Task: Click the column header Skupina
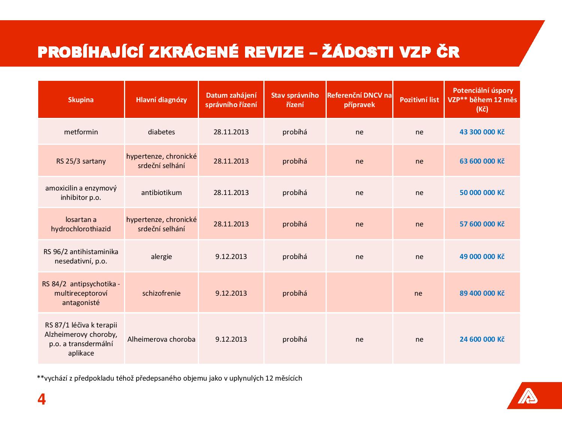pos(81,100)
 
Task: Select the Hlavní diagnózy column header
pos(161,100)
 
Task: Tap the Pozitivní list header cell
pos(419,100)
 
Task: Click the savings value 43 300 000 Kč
pos(482,132)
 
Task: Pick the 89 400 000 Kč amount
pos(482,293)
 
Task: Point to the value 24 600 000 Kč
pos(482,339)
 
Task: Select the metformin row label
pos(81,132)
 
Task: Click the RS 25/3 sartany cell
pos(81,161)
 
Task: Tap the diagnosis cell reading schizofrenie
pos(161,293)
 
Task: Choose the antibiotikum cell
pos(161,193)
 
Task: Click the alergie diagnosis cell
pos(161,257)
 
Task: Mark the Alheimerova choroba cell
pos(161,339)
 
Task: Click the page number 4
pos(42,400)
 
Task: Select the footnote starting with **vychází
pos(169,378)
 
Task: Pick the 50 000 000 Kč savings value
pos(482,193)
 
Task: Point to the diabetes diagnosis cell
pos(161,132)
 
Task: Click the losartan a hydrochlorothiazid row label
pos(81,224)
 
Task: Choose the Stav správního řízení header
pos(295,100)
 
